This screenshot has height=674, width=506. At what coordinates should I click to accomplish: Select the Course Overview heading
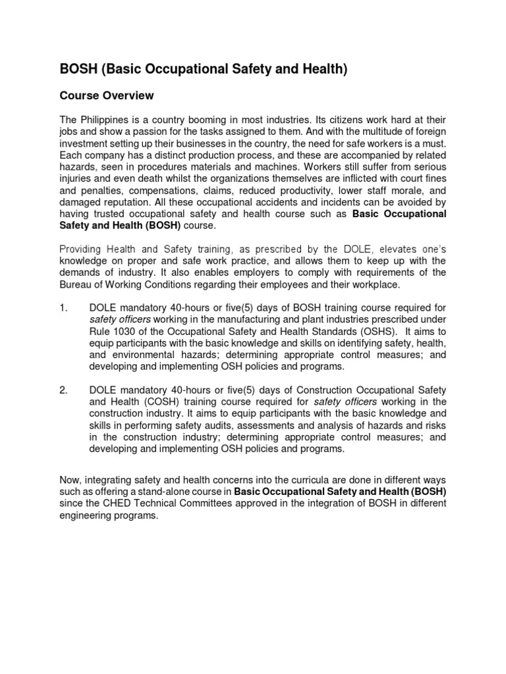tap(107, 96)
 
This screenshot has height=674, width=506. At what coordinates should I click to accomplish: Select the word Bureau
tap(77, 284)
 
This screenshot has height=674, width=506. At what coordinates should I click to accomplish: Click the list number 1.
tap(63, 307)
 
